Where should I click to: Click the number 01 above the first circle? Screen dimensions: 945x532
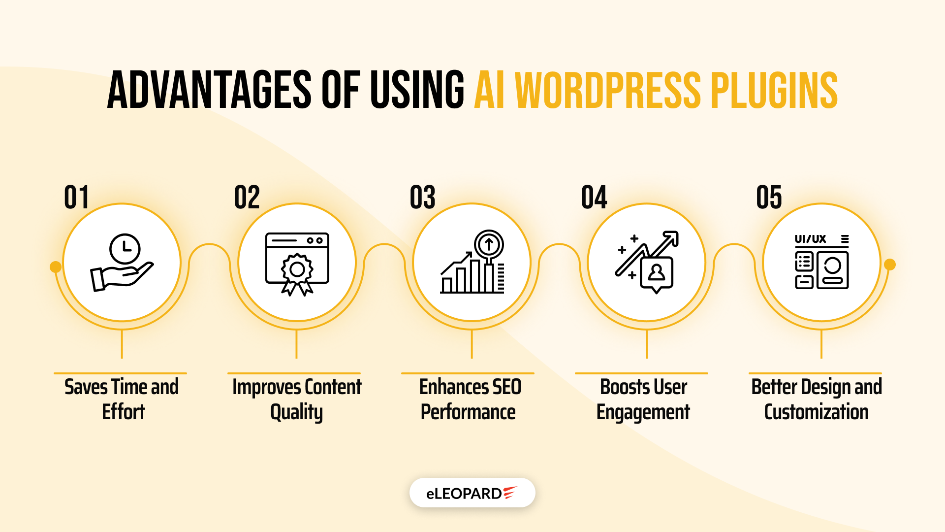coord(76,198)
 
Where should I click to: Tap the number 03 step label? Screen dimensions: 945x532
coord(422,198)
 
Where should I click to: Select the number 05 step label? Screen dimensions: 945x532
coord(769,198)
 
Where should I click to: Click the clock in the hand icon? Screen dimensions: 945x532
coord(125,249)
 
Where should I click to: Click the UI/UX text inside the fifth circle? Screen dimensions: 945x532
coord(810,239)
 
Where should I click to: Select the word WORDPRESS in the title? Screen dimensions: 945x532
coord(607,90)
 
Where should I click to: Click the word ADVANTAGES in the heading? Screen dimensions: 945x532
coord(209,90)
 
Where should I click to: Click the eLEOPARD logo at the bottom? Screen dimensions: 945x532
coord(472,493)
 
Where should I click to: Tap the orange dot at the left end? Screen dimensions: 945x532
coord(56,266)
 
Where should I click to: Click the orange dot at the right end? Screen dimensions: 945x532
coord(890,265)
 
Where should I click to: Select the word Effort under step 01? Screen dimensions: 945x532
coord(124,412)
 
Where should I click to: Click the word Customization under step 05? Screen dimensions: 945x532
coord(816,412)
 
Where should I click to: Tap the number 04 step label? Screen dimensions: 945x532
coord(594,198)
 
